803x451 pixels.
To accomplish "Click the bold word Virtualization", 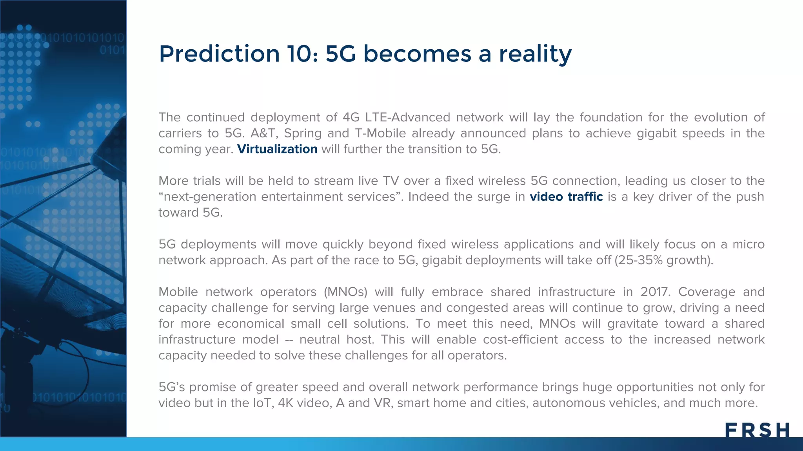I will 277,149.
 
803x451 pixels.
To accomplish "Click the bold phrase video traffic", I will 566,197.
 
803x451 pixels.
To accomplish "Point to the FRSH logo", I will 757,430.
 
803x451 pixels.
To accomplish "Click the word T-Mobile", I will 380,133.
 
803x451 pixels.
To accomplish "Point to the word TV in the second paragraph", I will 391,181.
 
